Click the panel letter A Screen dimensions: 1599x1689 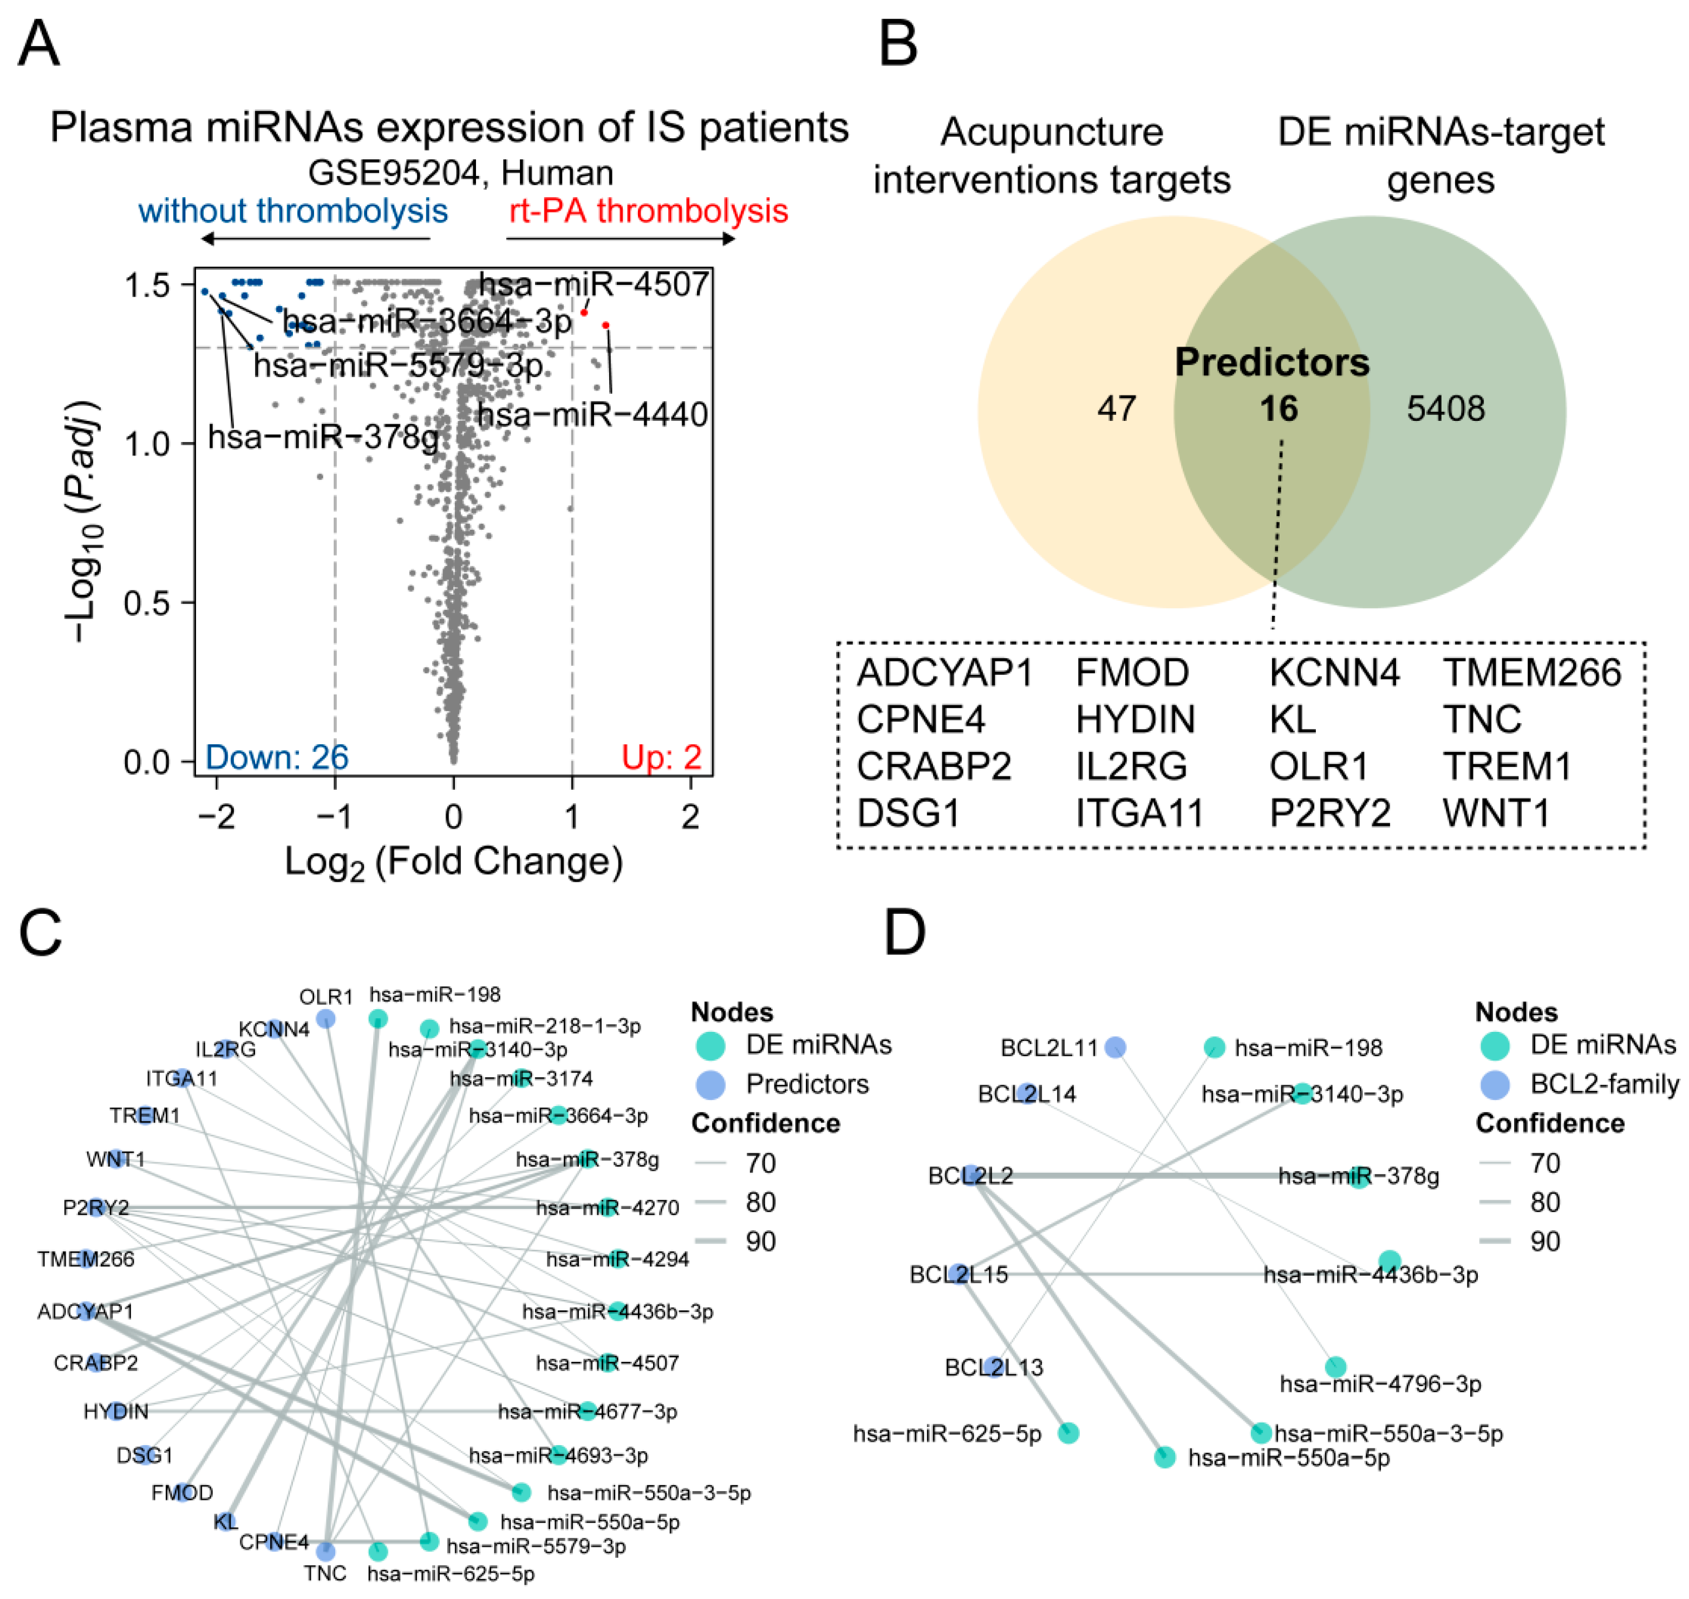click(x=38, y=44)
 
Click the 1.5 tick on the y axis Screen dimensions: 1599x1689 click(x=147, y=285)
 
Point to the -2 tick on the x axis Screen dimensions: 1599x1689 click(x=217, y=816)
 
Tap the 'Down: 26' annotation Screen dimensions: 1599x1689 click(x=277, y=757)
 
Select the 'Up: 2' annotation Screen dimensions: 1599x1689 click(x=661, y=757)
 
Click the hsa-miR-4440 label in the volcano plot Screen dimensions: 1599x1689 click(x=592, y=415)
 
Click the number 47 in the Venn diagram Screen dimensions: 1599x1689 click(x=1116, y=409)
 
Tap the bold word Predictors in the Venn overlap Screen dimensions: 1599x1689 click(x=1271, y=363)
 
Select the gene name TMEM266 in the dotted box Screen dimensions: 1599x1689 click(x=1531, y=673)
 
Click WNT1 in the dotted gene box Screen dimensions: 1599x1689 click(x=1496, y=813)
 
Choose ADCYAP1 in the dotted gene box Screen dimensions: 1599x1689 click(x=944, y=673)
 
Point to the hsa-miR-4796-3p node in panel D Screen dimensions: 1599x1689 click(x=1335, y=1366)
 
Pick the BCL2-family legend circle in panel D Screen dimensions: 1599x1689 click(x=1494, y=1084)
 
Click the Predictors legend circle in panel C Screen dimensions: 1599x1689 click(x=710, y=1084)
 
